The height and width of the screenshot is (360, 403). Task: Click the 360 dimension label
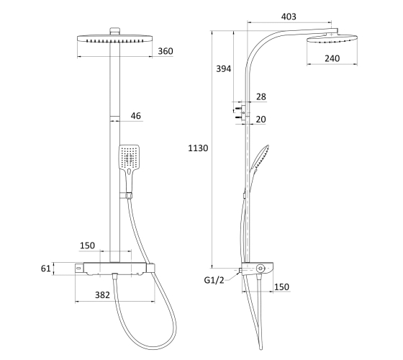166,51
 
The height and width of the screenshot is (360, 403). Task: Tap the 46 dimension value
136,116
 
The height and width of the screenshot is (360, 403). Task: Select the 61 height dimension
46,269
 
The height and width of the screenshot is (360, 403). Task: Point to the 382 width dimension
102,294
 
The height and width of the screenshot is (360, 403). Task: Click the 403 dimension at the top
289,17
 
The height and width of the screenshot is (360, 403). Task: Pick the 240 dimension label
332,58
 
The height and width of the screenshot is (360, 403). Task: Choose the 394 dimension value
223,68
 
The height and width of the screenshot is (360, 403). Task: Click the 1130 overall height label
198,148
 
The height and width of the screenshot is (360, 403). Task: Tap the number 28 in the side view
261,96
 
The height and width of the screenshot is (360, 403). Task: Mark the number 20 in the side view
261,120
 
